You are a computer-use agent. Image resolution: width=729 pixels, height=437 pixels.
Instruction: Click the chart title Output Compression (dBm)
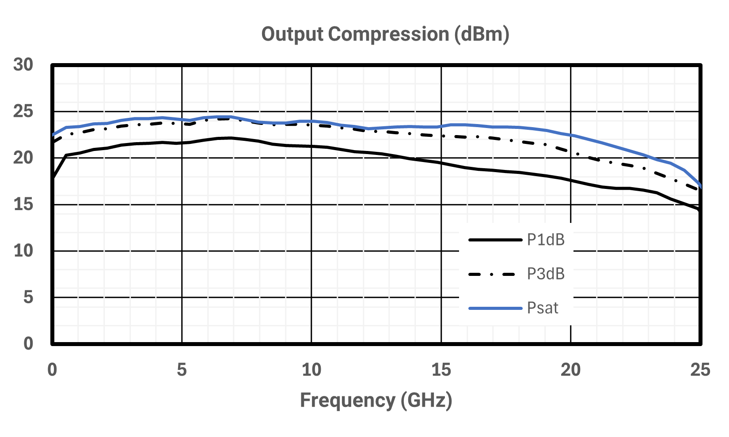point(385,34)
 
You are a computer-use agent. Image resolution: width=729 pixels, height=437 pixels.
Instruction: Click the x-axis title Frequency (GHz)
point(376,400)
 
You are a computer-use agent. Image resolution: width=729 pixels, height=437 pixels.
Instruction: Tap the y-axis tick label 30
point(23,64)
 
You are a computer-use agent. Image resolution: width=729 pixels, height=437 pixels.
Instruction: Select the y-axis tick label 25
point(23,112)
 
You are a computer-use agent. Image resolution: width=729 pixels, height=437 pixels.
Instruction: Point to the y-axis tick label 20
point(23,158)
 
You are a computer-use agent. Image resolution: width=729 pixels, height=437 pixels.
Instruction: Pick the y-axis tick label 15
point(23,204)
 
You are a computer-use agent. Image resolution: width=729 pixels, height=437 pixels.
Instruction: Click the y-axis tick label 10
point(23,251)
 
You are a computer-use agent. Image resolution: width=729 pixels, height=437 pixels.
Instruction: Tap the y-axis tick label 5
point(28,297)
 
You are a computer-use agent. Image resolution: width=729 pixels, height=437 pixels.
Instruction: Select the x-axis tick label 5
point(182,370)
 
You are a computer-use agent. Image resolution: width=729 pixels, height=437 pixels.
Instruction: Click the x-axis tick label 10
point(311,370)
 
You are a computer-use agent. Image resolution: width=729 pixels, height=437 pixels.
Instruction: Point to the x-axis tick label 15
point(441,370)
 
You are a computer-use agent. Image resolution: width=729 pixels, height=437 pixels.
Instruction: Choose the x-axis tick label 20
point(570,370)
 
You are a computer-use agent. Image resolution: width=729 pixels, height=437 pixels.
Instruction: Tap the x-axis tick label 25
point(700,370)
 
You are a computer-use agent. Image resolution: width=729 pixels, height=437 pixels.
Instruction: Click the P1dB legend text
point(546,240)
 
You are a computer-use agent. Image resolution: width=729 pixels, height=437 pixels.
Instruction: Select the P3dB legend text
point(546,274)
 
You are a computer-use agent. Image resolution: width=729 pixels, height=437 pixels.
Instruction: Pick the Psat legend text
point(543,308)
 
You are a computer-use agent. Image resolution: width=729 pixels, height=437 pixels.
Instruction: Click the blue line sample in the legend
point(495,308)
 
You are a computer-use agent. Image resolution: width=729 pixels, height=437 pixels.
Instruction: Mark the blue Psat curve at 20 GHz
point(570,134)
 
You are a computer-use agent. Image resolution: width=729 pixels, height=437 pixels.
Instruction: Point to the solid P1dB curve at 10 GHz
point(311,146)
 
